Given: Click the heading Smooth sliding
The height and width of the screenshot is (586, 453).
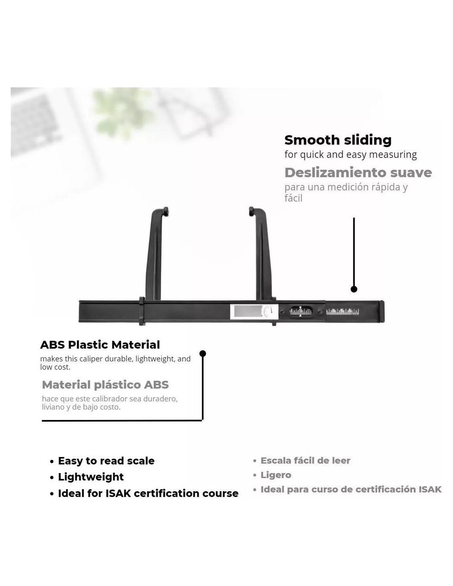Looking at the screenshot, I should tap(338, 140).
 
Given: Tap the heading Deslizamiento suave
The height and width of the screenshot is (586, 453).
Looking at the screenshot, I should tap(358, 172).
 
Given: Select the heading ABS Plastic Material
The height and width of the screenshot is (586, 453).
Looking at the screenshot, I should tap(100, 345).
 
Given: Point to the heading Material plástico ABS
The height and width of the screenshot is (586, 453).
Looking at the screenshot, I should tap(105, 385).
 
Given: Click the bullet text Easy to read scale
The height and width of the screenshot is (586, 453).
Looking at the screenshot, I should tap(106, 461).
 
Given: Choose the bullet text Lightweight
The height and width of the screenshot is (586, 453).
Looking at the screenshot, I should tap(91, 477).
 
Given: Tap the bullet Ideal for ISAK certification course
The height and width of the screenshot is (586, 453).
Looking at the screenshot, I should tap(148, 493).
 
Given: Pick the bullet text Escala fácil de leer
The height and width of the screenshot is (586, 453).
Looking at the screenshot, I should tap(305, 460).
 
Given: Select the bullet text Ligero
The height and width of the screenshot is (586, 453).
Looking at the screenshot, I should tap(276, 475).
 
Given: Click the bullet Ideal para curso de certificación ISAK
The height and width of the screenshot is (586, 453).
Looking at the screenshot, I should tap(351, 489).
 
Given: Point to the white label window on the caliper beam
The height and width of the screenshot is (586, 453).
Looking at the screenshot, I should tap(248, 311).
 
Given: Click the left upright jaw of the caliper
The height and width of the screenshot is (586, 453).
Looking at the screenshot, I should tap(156, 255).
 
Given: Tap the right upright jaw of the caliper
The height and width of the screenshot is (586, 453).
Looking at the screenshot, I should tap(261, 255).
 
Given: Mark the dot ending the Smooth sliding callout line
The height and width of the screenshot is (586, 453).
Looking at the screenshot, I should tap(354, 289).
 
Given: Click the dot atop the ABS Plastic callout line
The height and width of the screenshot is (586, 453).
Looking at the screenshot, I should tap(203, 354).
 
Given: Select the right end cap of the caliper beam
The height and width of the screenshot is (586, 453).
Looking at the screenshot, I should tap(382, 312).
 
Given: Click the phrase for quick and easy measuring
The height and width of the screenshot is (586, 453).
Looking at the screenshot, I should tap(350, 155).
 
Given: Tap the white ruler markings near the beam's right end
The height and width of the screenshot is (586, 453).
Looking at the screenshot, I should tap(342, 312).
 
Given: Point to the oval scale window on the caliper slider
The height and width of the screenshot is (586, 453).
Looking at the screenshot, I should tap(301, 312).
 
